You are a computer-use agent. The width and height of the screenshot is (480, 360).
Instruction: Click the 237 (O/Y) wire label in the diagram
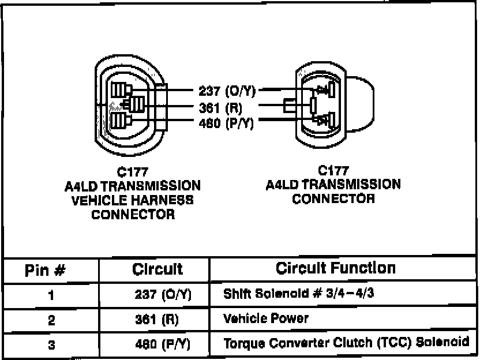coord(227,91)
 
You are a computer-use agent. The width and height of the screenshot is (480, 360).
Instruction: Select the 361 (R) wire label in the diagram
coord(221,107)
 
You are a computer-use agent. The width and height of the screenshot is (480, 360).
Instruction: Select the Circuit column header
coord(157,269)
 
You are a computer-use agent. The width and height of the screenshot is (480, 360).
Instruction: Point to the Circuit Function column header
coord(336,268)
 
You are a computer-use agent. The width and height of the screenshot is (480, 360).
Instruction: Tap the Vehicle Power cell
coord(266,318)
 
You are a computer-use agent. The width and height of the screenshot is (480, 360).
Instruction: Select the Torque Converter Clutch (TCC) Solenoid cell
coord(346,342)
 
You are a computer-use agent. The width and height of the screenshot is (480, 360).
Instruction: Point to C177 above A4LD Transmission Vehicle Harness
coord(133,172)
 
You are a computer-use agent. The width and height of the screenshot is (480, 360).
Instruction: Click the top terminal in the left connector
coord(122,89)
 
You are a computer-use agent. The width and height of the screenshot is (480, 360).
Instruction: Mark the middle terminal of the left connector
coord(136,105)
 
